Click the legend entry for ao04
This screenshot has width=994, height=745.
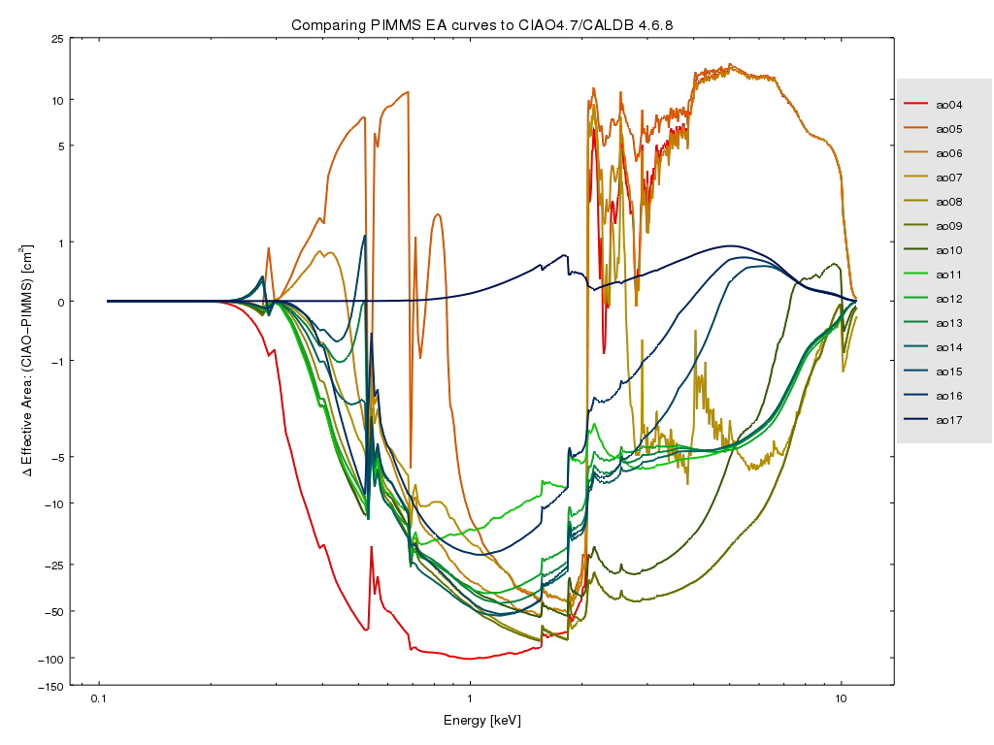coord(948,105)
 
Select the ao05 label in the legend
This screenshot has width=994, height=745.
coord(948,129)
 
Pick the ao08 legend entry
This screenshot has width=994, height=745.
coord(948,202)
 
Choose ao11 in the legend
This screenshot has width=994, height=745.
coord(948,275)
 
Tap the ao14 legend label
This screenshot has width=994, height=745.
coord(948,347)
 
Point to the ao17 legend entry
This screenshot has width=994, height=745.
coord(948,420)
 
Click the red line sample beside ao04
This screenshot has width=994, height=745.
coord(916,105)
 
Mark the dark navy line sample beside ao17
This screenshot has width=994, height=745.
coord(916,420)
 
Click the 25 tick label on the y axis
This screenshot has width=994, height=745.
coord(57,39)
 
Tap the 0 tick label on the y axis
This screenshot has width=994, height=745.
coord(60,302)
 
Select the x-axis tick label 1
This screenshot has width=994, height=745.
coord(470,699)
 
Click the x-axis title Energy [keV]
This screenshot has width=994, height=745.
coord(482,721)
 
